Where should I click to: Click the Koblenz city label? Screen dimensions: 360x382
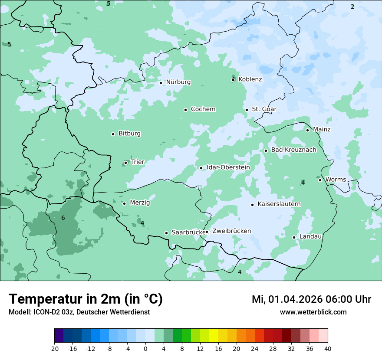tap(250, 79)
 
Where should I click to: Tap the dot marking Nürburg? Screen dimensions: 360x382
tap(161, 83)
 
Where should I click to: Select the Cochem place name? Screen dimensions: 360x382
tap(203, 109)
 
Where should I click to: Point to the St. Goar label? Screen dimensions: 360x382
tap(264, 109)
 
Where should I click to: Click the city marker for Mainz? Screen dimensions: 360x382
tap(307, 130)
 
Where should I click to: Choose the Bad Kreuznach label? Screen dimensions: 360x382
tap(293, 150)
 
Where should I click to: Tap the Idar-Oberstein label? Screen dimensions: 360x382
tap(228, 167)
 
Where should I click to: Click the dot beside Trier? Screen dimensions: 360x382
tap(125, 163)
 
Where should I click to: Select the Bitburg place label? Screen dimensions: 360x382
tap(129, 134)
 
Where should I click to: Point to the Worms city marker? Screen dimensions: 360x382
tap(320, 180)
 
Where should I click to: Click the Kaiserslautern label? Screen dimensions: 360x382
tap(279, 204)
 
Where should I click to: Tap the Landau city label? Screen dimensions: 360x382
tap(310, 237)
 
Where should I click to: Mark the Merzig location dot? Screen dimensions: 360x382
tap(124, 203)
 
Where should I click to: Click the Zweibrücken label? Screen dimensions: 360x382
tap(231, 231)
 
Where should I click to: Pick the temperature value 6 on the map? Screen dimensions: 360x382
tap(63, 218)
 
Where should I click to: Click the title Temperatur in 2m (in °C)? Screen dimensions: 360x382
tap(86, 299)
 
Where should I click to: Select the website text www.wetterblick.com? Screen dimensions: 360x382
tap(313, 312)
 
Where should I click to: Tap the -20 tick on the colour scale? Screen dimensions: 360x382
tap(54, 349)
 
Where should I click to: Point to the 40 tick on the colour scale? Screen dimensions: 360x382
tap(327, 349)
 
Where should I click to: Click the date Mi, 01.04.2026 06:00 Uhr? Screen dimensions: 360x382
tap(311, 299)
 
